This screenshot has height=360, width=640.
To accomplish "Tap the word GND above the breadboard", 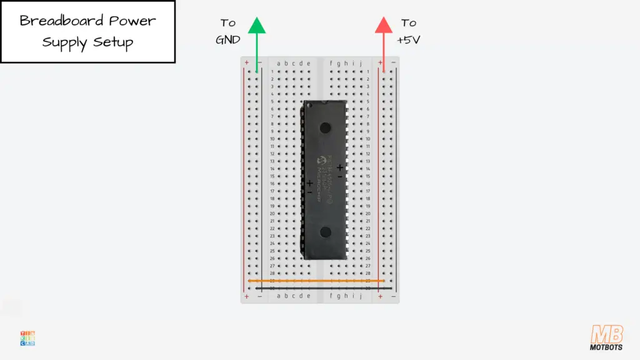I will pyautogui.click(x=228, y=39).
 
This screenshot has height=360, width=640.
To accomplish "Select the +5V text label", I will pyautogui.click(x=409, y=39).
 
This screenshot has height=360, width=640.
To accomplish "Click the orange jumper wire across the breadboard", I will pyautogui.click(x=316, y=281).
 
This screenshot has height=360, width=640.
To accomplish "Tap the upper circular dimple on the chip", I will pyautogui.click(x=325, y=128).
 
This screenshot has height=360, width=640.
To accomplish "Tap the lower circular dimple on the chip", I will pyautogui.click(x=325, y=232).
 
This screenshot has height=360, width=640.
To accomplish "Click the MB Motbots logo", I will pyautogui.click(x=606, y=337).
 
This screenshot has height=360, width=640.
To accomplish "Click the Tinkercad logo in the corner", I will pyautogui.click(x=27, y=338).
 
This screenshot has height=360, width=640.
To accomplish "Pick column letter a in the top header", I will pyautogui.click(x=279, y=63).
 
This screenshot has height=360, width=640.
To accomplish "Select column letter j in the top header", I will pyautogui.click(x=361, y=63).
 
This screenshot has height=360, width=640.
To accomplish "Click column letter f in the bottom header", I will pyautogui.click(x=331, y=296).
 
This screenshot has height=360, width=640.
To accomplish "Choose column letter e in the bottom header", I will pyautogui.click(x=308, y=296).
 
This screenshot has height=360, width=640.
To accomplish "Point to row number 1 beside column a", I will pyautogui.click(x=272, y=72).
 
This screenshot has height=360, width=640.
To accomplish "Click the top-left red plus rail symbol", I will pyautogui.click(x=247, y=62).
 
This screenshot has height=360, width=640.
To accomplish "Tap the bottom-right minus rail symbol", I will pyautogui.click(x=392, y=296).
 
